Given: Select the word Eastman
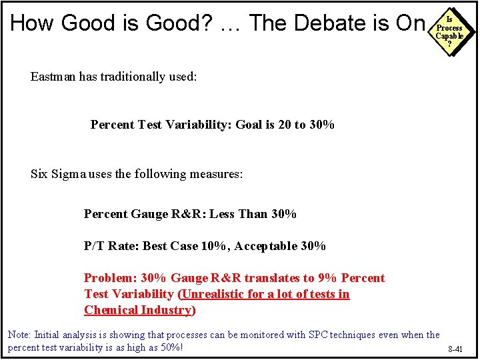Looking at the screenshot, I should (x=53, y=77).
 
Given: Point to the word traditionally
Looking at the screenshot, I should (x=136, y=77).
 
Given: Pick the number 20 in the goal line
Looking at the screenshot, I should (x=283, y=125).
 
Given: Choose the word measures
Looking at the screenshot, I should (x=217, y=174).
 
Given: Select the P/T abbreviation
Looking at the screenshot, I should (x=95, y=246).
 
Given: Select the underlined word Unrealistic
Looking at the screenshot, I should (x=215, y=294).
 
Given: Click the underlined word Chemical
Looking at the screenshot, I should (x=109, y=310).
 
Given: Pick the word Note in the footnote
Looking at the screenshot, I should (x=19, y=335).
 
